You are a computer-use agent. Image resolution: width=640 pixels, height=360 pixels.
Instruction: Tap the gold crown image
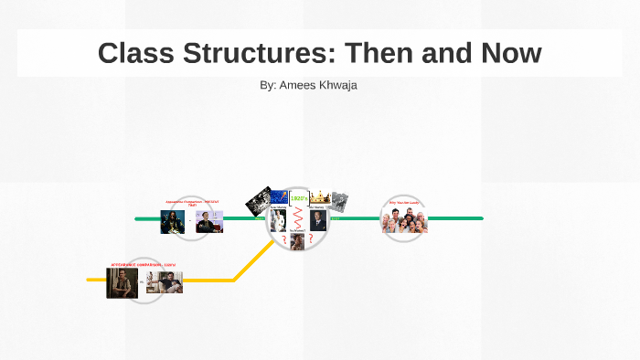click(x=320, y=196)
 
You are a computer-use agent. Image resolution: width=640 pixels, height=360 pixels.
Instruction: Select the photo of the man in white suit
click(x=278, y=220)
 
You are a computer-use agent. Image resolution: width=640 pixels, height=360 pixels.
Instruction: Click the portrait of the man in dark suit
click(x=317, y=220)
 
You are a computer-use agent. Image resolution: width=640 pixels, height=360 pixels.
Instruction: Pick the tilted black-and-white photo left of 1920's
click(x=260, y=199)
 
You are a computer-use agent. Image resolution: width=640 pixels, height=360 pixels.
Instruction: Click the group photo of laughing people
click(x=404, y=220)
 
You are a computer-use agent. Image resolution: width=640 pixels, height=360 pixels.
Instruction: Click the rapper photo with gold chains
click(x=173, y=222)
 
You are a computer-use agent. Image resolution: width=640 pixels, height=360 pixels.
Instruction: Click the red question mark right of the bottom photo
click(x=311, y=239)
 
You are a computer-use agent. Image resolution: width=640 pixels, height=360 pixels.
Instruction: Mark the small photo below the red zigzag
click(x=298, y=241)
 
